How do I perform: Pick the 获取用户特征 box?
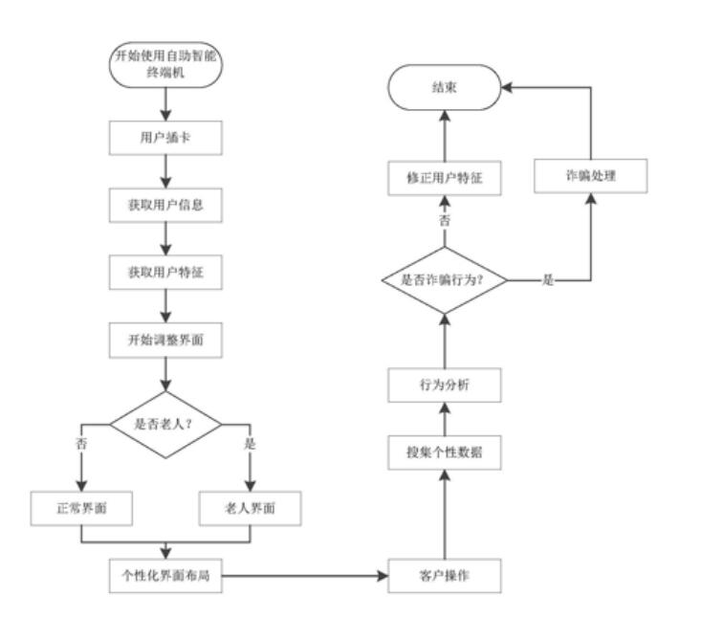[167, 271]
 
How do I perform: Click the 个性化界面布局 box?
[167, 577]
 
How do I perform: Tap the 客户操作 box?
[445, 577]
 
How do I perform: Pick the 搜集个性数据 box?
[445, 452]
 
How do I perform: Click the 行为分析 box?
[445, 386]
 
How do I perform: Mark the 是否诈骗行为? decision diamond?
[445, 280]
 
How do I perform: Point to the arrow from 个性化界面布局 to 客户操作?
[306, 577]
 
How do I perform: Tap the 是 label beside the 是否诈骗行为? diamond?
[548, 280]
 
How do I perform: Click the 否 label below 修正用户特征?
[444, 221]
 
